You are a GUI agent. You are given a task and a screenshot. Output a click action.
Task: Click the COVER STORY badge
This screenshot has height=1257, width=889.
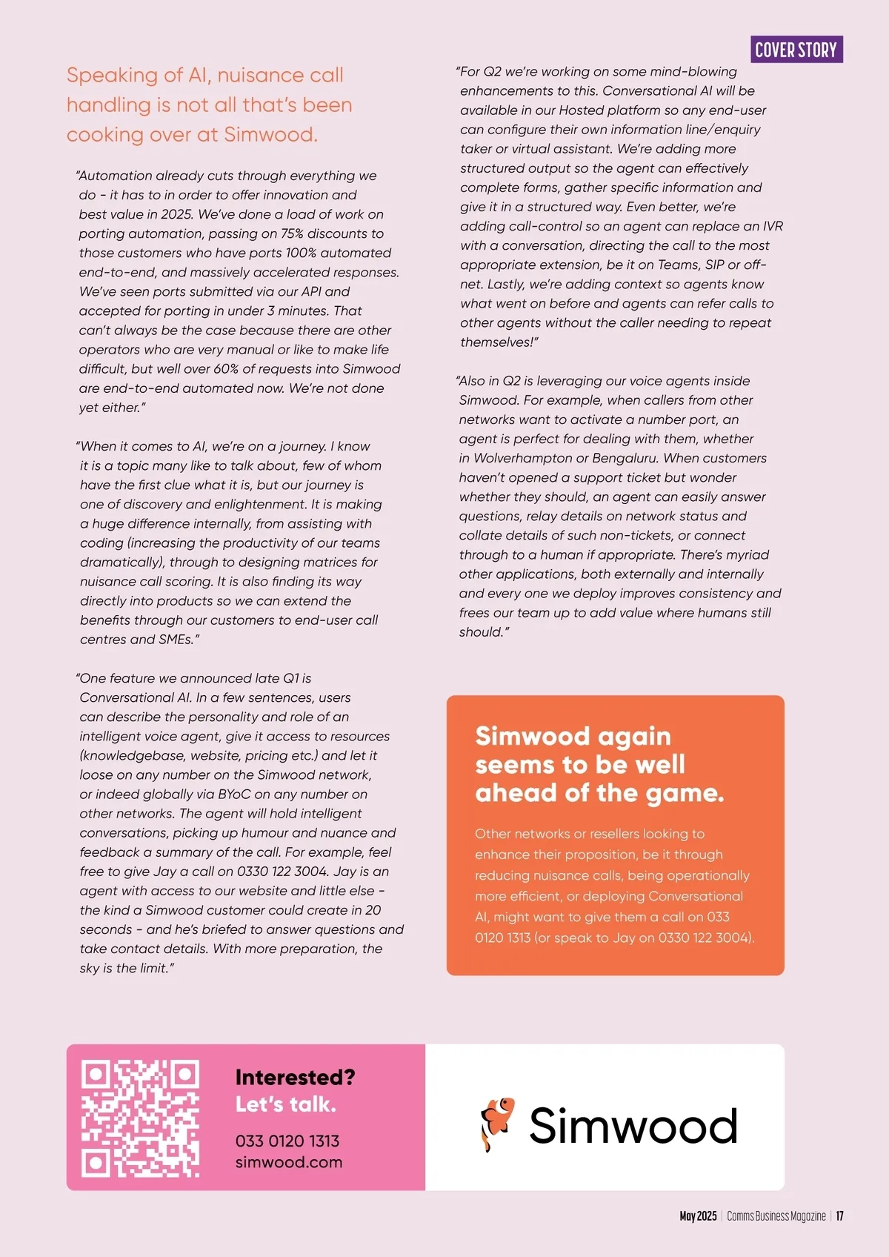[796, 50]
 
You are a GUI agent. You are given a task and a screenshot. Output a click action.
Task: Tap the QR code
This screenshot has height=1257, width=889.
[140, 1118]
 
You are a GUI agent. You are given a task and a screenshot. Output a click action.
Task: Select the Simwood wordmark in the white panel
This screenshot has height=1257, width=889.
[633, 1126]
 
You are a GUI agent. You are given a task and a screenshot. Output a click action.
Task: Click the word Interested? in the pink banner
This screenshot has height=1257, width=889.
[295, 1077]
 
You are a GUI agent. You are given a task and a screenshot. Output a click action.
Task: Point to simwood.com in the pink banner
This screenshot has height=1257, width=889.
[289, 1162]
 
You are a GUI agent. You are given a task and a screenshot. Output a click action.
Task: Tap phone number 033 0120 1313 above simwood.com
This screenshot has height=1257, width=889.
[287, 1141]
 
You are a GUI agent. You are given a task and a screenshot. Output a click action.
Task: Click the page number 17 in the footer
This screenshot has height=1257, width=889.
[839, 1216]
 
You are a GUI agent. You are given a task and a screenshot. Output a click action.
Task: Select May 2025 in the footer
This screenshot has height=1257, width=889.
[698, 1216]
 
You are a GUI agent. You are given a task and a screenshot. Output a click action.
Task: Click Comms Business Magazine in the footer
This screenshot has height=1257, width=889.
[776, 1216]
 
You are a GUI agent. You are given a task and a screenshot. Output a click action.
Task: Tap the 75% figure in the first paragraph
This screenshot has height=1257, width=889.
[293, 233]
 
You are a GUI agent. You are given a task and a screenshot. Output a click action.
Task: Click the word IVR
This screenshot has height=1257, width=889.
[773, 226]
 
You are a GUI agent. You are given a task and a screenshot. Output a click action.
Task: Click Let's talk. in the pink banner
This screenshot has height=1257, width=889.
[286, 1104]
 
